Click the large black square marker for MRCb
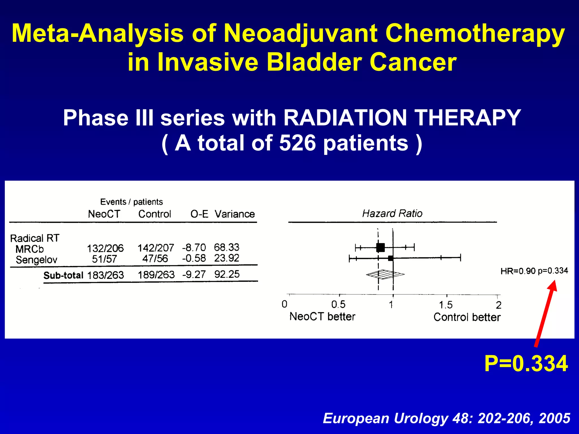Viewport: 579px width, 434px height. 381,248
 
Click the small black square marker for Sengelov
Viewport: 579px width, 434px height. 390,258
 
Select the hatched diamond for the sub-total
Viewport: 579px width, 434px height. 385,274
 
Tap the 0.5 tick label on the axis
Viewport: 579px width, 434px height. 338,304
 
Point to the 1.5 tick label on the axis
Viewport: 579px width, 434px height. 446,305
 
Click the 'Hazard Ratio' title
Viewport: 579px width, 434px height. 392,213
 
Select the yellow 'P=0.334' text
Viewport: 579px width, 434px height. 526,364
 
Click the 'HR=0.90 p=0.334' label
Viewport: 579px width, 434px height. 534,271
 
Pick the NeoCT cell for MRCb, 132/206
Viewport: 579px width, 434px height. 105,248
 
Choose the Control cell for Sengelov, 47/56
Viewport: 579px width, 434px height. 155,259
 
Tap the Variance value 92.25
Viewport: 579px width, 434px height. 227,274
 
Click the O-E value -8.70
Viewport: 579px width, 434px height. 194,248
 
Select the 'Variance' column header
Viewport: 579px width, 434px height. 234,214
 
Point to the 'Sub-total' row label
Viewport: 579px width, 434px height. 63,275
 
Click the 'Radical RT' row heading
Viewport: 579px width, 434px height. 35,238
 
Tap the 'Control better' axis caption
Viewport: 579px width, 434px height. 467,317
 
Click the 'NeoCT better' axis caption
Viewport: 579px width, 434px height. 322,316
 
